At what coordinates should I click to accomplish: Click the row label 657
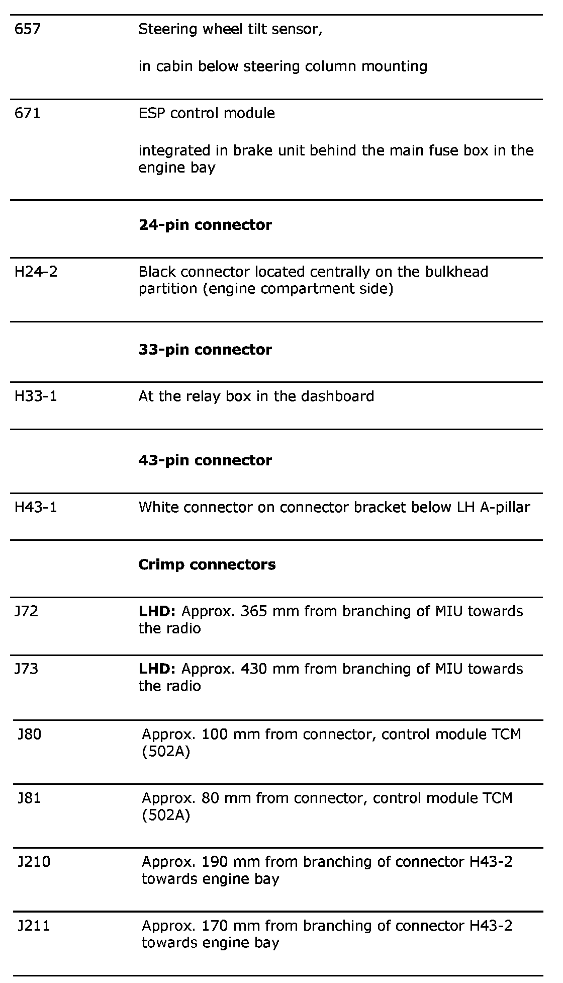pos(28,30)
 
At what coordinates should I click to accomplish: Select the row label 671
pos(28,113)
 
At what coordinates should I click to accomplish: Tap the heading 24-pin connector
pos(205,225)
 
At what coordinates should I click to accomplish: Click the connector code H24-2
pos(36,272)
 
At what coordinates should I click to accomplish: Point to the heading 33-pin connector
pos(205,350)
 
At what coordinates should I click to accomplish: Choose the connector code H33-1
pos(36,396)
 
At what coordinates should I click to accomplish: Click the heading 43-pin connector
pos(205,460)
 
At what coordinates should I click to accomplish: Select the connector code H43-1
pos(36,507)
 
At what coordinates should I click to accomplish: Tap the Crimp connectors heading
pos(207,564)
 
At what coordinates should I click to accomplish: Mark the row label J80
pos(30,734)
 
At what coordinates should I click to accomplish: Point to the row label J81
pos(30,798)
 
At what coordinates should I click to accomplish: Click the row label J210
pos(34,862)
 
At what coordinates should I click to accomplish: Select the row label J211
pos(34,926)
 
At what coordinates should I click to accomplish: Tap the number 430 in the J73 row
pos(254,669)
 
